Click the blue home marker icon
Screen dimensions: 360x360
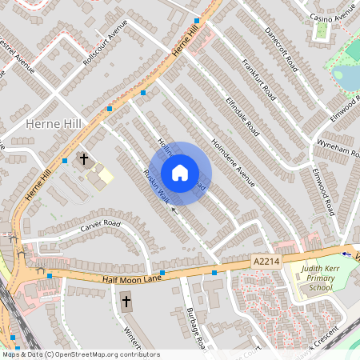pos(180,173)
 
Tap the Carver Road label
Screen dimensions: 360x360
pos(99,226)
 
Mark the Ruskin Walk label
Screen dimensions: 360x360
pos(155,186)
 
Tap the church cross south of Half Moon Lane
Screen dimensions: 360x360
pos(126,302)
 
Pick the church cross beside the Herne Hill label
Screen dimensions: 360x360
pos(83,160)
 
